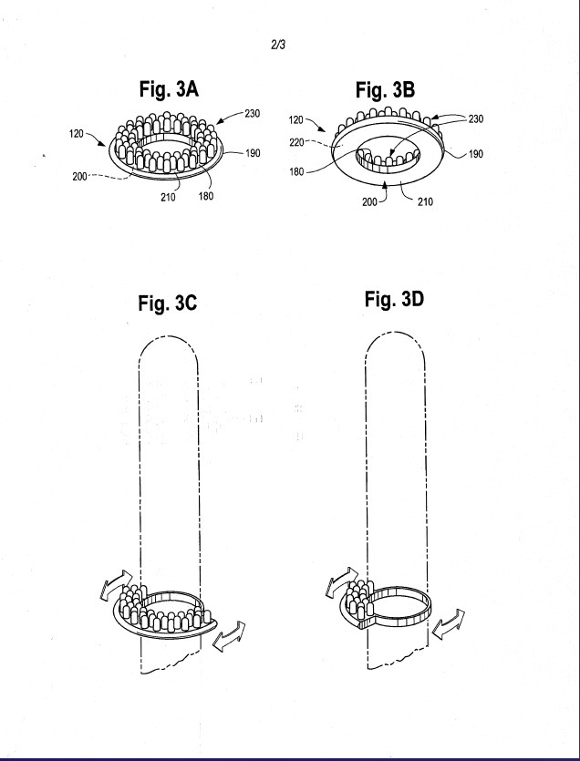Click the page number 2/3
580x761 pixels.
click(x=278, y=46)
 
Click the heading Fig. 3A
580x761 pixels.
click(x=169, y=89)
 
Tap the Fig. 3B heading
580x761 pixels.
click(x=385, y=90)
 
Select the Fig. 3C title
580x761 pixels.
click(x=168, y=303)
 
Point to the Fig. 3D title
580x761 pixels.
click(x=394, y=299)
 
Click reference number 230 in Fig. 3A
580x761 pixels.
click(x=252, y=114)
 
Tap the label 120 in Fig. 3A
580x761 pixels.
click(x=77, y=133)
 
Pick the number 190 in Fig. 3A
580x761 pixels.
click(x=253, y=153)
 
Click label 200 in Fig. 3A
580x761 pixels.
click(x=80, y=177)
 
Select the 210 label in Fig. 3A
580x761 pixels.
click(x=169, y=197)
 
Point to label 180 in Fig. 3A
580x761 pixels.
click(x=205, y=196)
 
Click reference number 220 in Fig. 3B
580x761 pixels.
click(x=296, y=143)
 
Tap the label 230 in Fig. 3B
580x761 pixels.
click(x=475, y=118)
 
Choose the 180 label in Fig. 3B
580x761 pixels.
click(x=296, y=172)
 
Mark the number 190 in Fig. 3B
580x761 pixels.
click(x=475, y=154)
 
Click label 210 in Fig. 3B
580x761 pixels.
click(x=425, y=201)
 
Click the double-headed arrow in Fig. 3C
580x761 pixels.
click(x=229, y=636)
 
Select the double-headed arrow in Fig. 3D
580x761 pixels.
click(x=449, y=624)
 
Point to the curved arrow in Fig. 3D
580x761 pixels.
click(x=341, y=580)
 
